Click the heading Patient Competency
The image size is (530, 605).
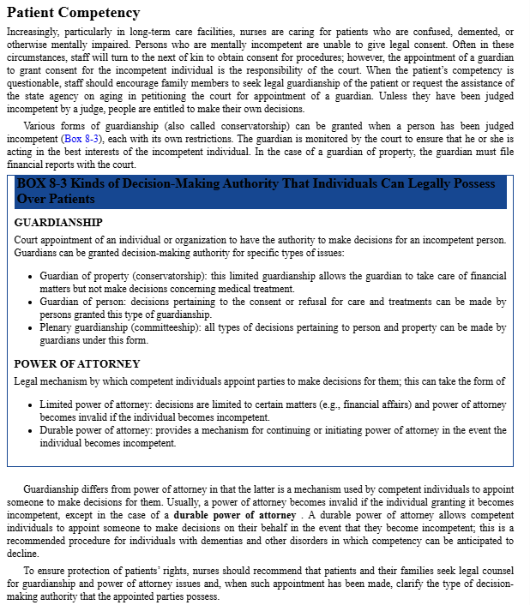73,12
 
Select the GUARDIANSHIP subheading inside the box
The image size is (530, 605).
58,222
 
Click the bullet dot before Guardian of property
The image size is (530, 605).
31,277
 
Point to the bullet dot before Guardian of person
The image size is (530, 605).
31,302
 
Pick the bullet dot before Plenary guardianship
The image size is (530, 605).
31,328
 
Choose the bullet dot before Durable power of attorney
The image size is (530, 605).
31,431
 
